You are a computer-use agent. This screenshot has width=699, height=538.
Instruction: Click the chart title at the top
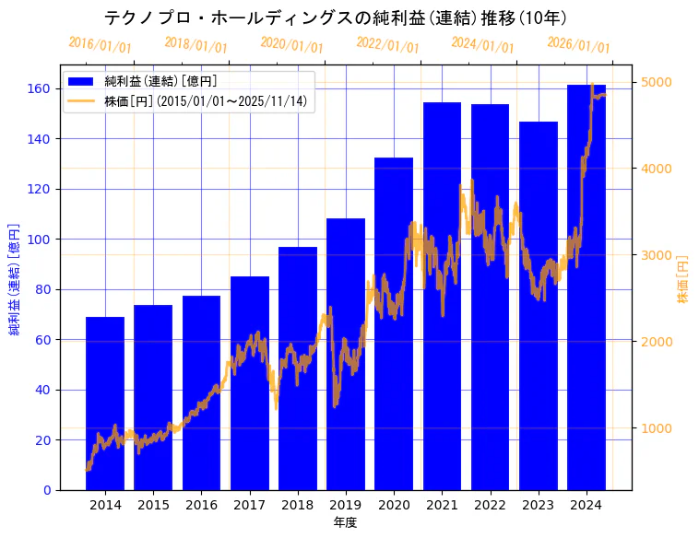tap(335, 18)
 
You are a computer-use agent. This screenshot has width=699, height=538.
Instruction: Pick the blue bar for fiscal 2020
tap(394, 323)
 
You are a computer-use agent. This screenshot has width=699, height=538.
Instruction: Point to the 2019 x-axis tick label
tap(346, 504)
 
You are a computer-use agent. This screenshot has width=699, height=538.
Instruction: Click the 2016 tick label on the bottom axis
tap(201, 504)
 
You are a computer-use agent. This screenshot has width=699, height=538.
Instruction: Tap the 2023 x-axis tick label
tap(539, 504)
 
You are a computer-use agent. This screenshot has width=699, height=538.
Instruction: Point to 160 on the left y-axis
tap(40, 89)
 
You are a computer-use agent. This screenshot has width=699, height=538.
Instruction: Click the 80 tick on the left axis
tap(43, 289)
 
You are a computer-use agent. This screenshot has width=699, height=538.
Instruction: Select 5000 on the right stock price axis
tap(657, 82)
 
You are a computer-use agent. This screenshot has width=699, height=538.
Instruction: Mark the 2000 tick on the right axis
tap(657, 342)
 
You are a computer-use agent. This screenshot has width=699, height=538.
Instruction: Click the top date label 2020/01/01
tap(291, 44)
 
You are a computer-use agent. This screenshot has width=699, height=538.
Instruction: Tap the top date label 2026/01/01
tap(578, 45)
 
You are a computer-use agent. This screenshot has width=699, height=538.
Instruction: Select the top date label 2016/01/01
tap(100, 44)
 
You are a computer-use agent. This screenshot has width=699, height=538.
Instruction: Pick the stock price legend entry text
tap(206, 101)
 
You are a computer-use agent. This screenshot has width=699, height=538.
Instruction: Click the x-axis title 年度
tap(346, 522)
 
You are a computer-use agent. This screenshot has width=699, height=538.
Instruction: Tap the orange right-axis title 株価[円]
tap(683, 280)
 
